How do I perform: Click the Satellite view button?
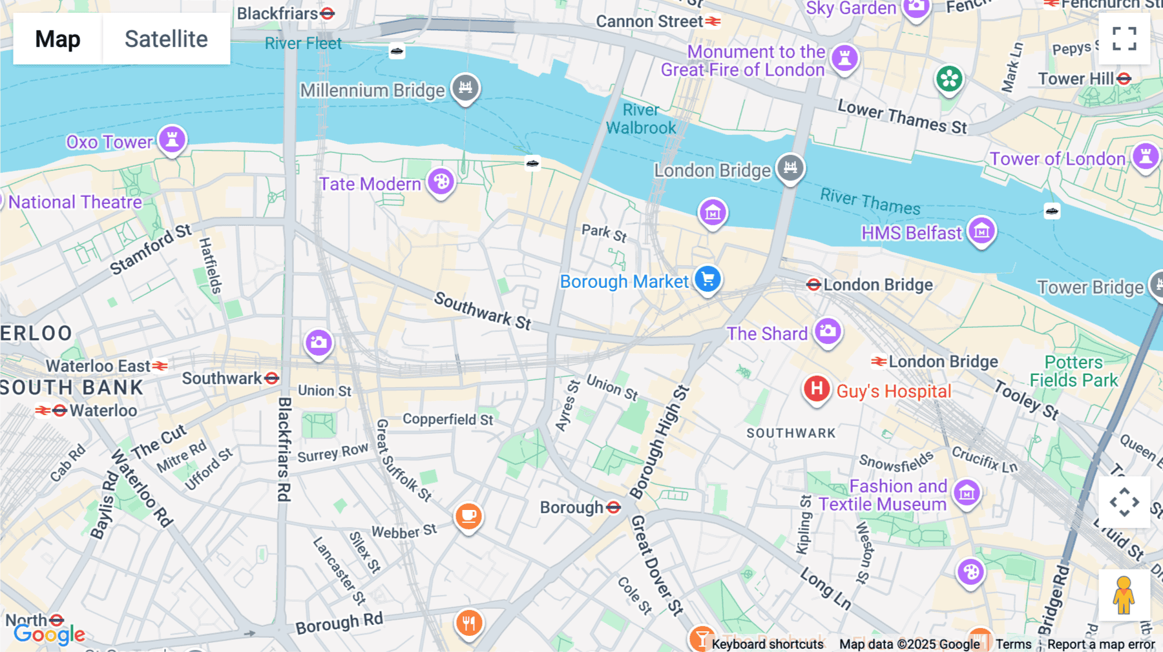(x=166, y=39)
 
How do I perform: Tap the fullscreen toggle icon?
(x=1124, y=39)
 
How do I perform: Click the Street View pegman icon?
(x=1124, y=595)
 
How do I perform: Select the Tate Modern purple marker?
(x=441, y=182)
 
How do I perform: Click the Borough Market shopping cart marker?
(x=707, y=280)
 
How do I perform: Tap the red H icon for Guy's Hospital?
(x=817, y=389)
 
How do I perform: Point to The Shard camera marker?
(x=828, y=332)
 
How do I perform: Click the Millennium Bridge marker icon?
(x=465, y=87)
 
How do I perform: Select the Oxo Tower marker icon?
(x=172, y=139)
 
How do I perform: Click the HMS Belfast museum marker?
(x=981, y=230)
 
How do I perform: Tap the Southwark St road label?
(x=483, y=311)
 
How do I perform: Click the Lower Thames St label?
(x=902, y=117)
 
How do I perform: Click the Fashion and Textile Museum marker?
(x=967, y=494)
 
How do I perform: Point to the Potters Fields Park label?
(x=1073, y=371)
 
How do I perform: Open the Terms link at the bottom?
(x=1013, y=644)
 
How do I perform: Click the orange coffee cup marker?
(x=468, y=516)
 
